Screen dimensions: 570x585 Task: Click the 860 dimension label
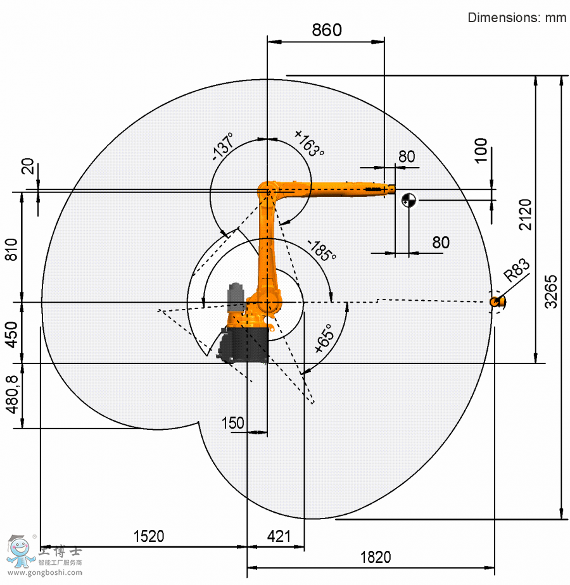point(327,30)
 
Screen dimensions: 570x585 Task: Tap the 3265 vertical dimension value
point(551,292)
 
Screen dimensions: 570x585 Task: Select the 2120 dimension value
point(525,214)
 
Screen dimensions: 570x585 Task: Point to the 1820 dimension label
point(376,557)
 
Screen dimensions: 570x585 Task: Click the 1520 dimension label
point(149,536)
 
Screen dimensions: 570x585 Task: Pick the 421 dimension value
point(279,536)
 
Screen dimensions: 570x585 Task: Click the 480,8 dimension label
point(12,394)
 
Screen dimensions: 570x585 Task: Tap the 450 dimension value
point(12,335)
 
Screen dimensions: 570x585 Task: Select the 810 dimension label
point(11,249)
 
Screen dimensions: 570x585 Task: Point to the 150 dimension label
point(232,423)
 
